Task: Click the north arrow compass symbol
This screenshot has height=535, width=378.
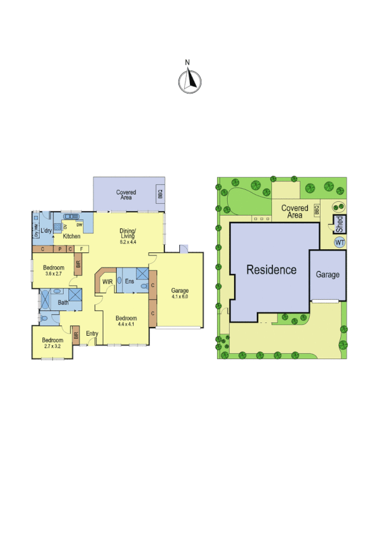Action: pyautogui.click(x=187, y=80)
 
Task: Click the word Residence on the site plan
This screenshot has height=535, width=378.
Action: pyautogui.click(x=271, y=270)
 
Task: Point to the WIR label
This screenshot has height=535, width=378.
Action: pyautogui.click(x=107, y=281)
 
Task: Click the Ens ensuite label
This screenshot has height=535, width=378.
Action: pyautogui.click(x=129, y=281)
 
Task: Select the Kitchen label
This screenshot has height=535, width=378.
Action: pyautogui.click(x=71, y=236)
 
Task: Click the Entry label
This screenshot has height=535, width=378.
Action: pyautogui.click(x=93, y=334)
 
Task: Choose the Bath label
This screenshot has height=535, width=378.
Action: pyautogui.click(x=63, y=303)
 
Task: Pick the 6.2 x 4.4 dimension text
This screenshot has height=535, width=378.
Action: pyautogui.click(x=129, y=242)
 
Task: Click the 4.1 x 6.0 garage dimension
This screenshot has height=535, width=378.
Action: pyautogui.click(x=180, y=297)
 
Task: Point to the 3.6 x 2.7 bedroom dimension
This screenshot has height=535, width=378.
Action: pyautogui.click(x=54, y=274)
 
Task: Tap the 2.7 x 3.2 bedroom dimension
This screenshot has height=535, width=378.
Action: pyautogui.click(x=53, y=347)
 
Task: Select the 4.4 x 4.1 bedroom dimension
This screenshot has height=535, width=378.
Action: pyautogui.click(x=126, y=326)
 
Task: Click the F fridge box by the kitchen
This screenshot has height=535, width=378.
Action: pyautogui.click(x=81, y=249)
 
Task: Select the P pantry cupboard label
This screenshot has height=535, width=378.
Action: pyautogui.click(x=61, y=249)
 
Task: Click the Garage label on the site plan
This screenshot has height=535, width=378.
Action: pyautogui.click(x=328, y=275)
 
